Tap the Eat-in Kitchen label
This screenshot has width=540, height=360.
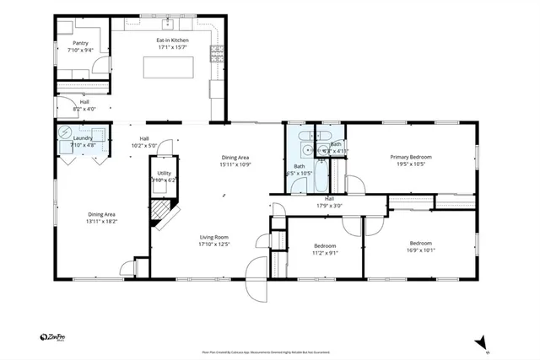click(x=172, y=40)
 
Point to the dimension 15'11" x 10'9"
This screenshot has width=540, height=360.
click(x=235, y=164)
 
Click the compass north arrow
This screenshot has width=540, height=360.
click(x=481, y=341)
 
